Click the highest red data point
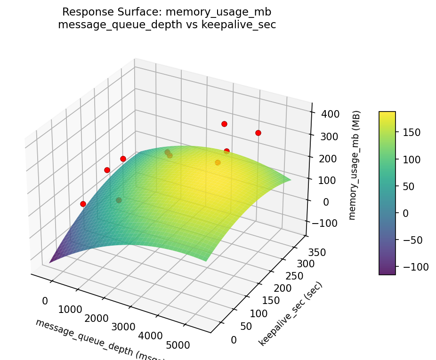(224, 124)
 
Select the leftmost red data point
(83, 204)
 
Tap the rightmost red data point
(258, 133)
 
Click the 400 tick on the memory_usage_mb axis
(329, 114)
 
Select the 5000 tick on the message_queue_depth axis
(178, 345)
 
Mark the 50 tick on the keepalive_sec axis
(243, 326)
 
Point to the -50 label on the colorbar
(412, 240)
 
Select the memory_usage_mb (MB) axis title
(357, 165)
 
